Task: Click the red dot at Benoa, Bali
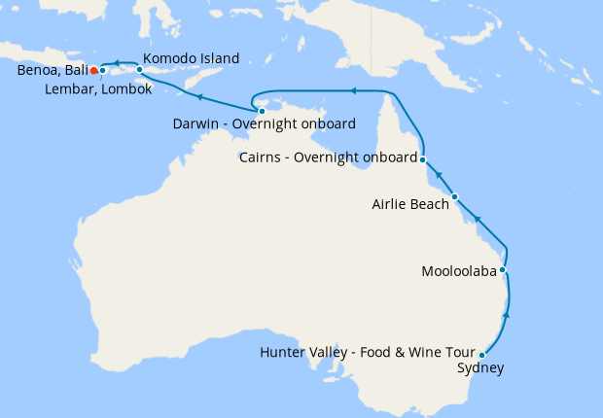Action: coord(93,70)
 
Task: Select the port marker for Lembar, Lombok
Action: coord(102,70)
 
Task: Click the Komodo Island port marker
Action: coord(140,70)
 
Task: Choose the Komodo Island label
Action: coord(191,58)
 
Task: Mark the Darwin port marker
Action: coord(262,111)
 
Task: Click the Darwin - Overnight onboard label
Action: coord(264,124)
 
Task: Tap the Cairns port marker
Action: coord(423,157)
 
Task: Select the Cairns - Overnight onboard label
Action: coord(328,157)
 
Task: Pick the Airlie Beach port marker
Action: coord(454,196)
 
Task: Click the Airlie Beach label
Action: coord(410,204)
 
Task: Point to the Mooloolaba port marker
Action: coord(503,270)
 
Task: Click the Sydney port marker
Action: coord(482,355)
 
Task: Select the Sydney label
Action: coord(480,367)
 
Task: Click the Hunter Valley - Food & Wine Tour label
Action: coord(368,352)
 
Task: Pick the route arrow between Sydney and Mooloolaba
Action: coord(505,317)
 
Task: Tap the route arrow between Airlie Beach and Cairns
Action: coord(438,175)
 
